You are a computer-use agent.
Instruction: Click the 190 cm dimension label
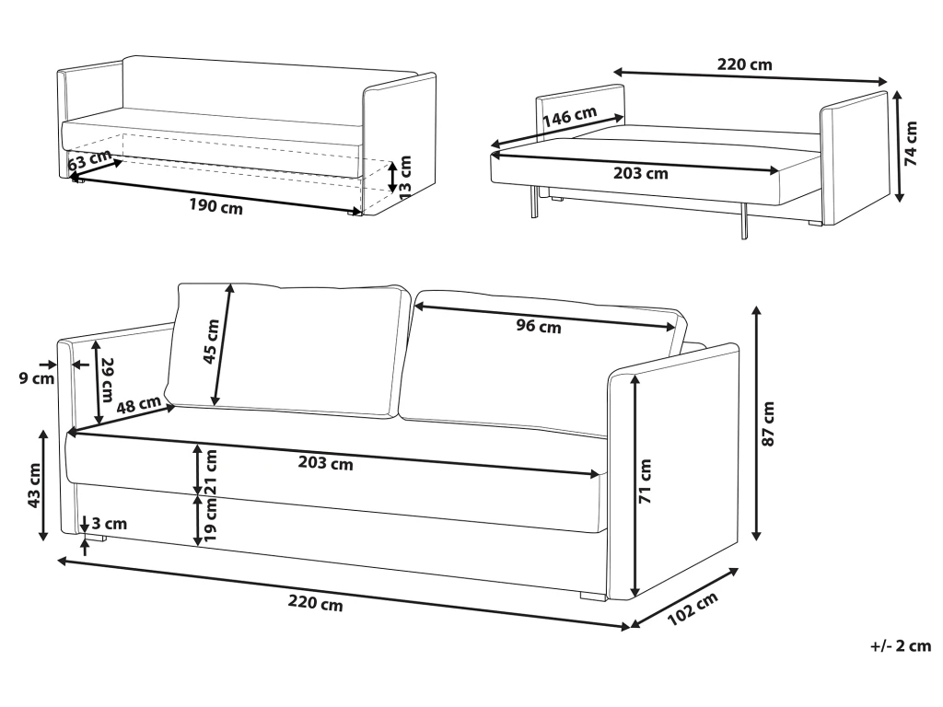pyautogui.click(x=215, y=206)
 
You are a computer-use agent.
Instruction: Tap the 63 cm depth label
pyautogui.click(x=89, y=160)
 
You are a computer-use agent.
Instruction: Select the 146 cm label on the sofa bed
pyautogui.click(x=569, y=116)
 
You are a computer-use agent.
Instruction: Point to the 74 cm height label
pyautogui.click(x=911, y=144)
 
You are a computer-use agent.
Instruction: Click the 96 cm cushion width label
pyautogui.click(x=538, y=326)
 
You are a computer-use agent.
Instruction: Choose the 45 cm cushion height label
pyautogui.click(x=212, y=342)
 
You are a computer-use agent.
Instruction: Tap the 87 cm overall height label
pyautogui.click(x=768, y=423)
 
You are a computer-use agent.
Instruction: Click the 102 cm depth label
pyautogui.click(x=693, y=608)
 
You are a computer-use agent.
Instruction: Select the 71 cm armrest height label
pyautogui.click(x=645, y=481)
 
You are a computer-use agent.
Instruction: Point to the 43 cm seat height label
pyautogui.click(x=34, y=485)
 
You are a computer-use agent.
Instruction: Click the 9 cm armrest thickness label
pyautogui.click(x=37, y=378)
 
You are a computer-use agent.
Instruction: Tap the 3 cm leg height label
pyautogui.click(x=110, y=524)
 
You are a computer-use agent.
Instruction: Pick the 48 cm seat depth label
pyautogui.click(x=139, y=405)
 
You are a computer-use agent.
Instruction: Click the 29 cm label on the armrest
pyautogui.click(x=107, y=380)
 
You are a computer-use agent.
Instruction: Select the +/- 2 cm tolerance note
pyautogui.click(x=901, y=646)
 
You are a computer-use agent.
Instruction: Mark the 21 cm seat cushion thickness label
pyautogui.click(x=211, y=472)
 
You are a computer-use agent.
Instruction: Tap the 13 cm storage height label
pyautogui.click(x=405, y=175)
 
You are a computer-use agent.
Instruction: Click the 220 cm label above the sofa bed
pyautogui.click(x=744, y=64)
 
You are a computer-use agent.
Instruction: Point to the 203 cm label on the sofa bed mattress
pyautogui.click(x=641, y=173)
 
